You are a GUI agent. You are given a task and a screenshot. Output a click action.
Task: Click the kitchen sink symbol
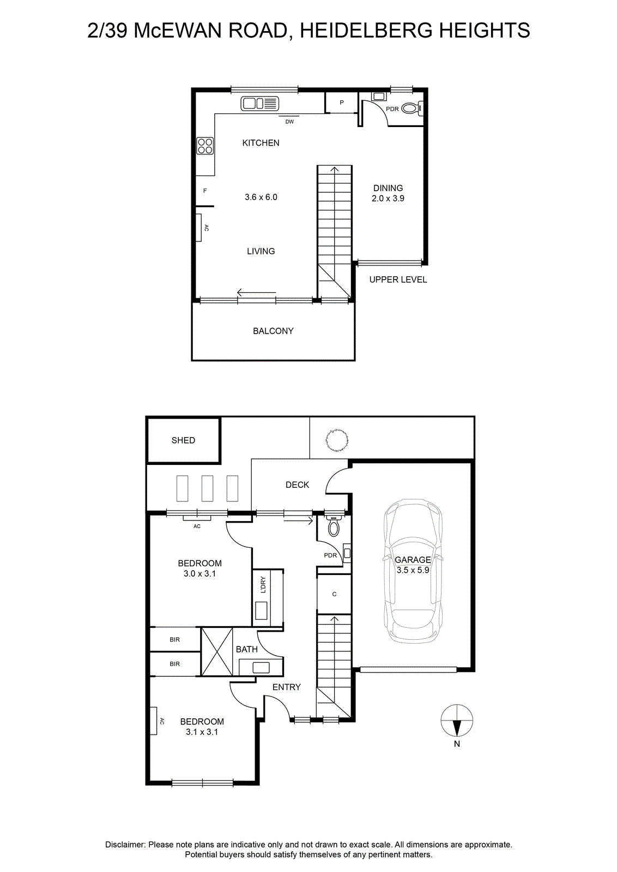(260, 103)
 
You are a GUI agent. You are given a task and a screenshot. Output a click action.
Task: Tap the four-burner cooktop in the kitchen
(205, 146)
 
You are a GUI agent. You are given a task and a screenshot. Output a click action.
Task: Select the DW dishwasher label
(289, 122)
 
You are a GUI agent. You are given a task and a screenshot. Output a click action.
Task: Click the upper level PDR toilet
(412, 108)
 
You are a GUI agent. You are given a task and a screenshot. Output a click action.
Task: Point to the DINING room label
(388, 188)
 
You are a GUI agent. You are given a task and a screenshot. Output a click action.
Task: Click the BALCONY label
(273, 331)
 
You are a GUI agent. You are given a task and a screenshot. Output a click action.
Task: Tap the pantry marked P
(341, 102)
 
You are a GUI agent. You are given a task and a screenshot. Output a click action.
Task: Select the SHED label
(183, 440)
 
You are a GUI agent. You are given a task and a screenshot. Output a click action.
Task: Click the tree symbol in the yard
(337, 440)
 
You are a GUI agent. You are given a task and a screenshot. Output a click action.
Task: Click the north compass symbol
(457, 720)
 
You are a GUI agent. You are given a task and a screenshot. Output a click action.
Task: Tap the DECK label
(297, 485)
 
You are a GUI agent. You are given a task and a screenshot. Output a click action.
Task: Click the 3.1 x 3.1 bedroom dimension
(202, 732)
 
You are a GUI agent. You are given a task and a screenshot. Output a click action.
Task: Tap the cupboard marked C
(334, 594)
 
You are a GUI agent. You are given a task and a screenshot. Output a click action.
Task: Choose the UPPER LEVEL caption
(398, 280)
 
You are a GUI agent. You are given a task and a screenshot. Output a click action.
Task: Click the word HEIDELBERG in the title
(366, 31)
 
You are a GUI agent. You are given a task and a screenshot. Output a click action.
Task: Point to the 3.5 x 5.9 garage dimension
(413, 570)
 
